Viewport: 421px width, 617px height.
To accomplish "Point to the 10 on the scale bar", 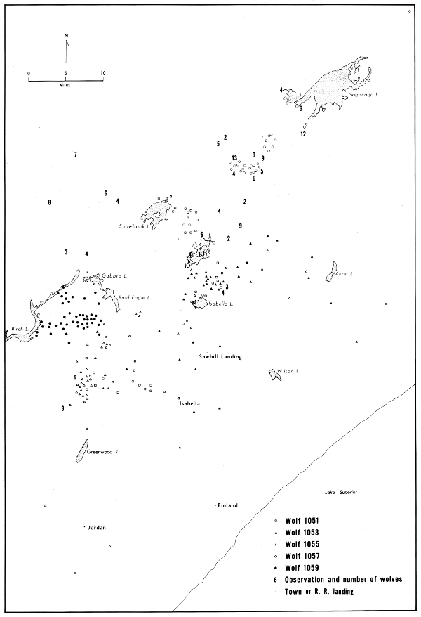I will pos(102,73).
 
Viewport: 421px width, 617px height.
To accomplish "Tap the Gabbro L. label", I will pos(113,275).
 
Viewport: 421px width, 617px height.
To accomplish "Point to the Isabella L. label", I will pos(221,304).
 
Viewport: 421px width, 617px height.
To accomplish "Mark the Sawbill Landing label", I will pos(220,356).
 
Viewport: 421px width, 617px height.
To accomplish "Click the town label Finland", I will pos(228,505).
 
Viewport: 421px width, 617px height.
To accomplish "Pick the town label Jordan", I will pos(96,527).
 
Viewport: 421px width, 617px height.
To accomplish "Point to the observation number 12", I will pos(303,134).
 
